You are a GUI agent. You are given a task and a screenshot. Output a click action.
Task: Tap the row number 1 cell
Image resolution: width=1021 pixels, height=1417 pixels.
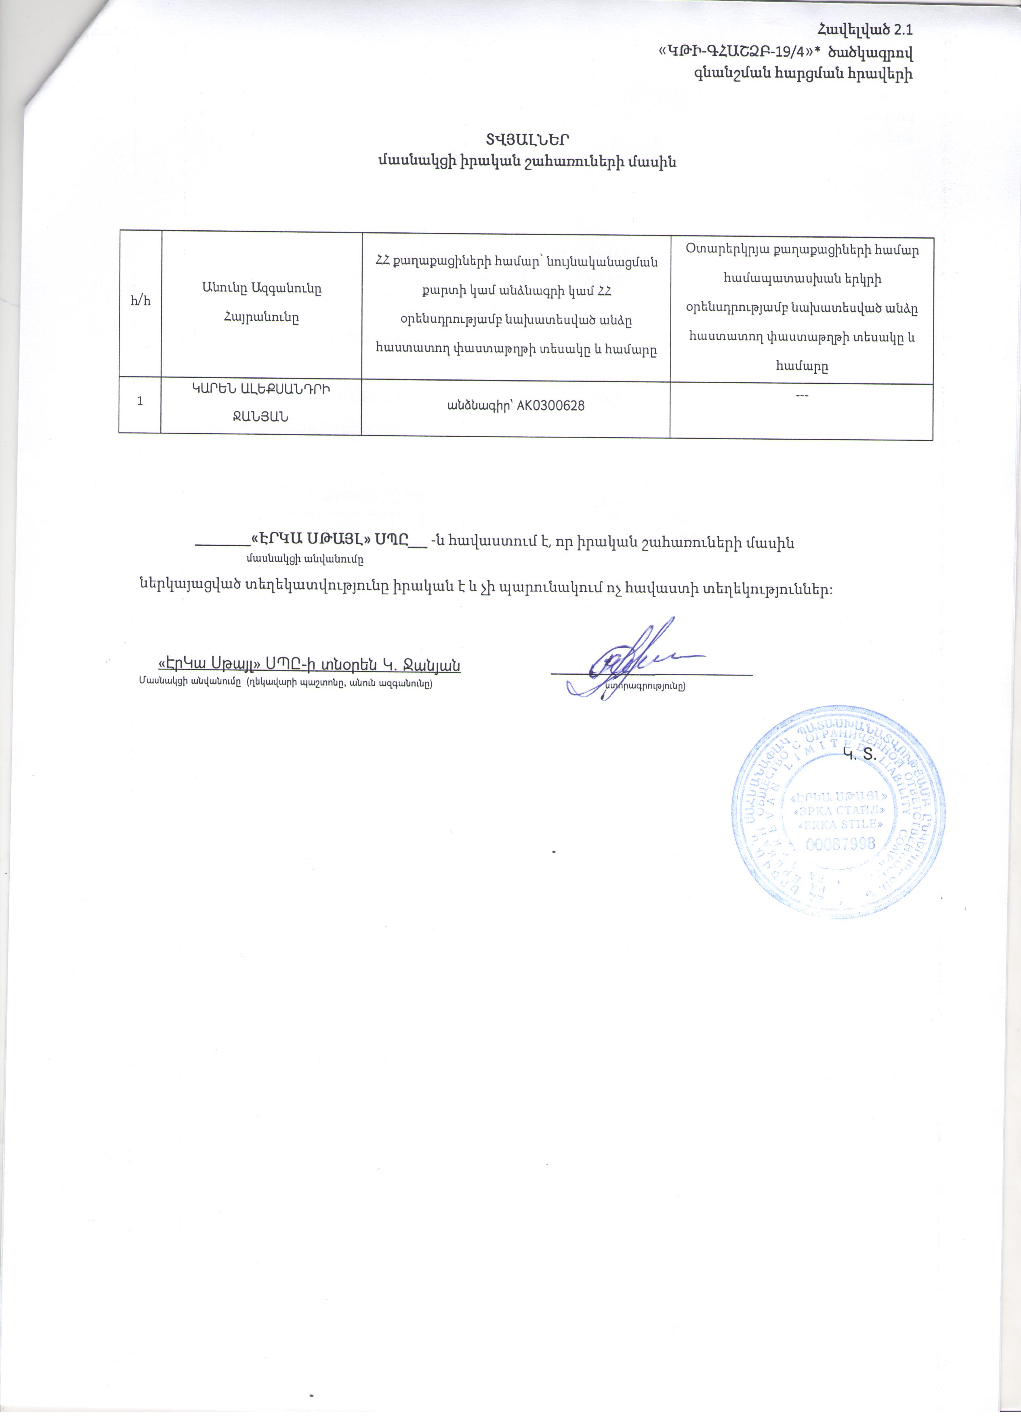[140, 401]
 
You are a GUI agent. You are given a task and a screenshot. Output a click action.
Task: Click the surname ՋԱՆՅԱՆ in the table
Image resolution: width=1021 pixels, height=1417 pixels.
[261, 417]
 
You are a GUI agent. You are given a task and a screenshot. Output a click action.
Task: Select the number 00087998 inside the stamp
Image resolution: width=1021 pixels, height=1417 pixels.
[840, 844]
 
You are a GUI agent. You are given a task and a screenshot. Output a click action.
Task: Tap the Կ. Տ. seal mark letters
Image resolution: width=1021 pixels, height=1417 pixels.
[860, 755]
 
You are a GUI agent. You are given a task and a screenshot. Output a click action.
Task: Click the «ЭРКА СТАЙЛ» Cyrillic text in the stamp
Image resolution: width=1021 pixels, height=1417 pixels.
[840, 811]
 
